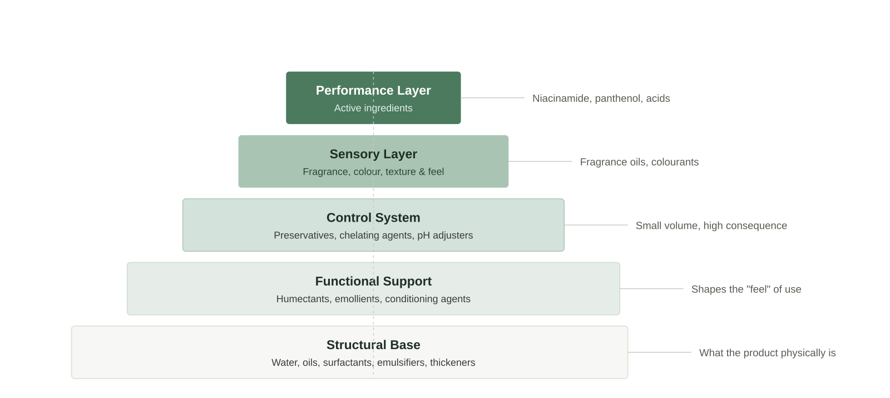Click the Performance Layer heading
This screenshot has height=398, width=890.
point(373,91)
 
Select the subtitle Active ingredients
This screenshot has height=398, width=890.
point(373,108)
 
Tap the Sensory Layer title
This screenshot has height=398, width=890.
point(373,154)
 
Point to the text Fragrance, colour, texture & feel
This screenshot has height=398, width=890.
point(373,172)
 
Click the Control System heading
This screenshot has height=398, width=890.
point(373,218)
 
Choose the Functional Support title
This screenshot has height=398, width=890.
point(373,282)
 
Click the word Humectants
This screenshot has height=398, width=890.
point(304,299)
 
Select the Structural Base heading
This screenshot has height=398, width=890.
point(373,345)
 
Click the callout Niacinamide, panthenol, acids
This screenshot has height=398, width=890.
point(601,99)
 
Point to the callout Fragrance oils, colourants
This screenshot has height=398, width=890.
point(639,162)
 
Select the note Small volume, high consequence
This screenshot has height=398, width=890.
point(711,226)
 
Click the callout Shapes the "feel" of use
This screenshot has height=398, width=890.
point(746,289)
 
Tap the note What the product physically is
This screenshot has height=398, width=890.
point(767,353)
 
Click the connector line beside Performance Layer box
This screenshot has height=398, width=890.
point(493,98)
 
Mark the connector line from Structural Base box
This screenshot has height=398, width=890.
point(660,352)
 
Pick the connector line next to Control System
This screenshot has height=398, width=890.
point(596,225)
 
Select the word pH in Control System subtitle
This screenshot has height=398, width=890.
point(423,236)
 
